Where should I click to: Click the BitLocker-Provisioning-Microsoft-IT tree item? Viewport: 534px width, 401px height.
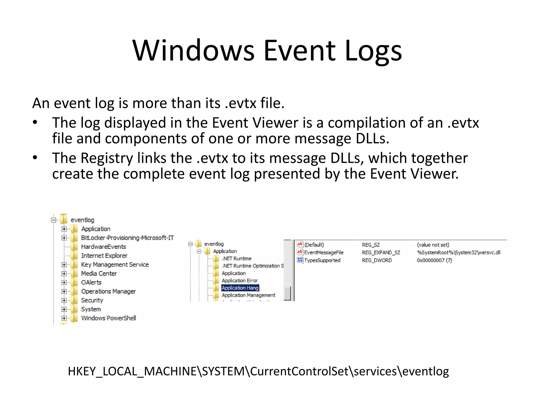(127, 238)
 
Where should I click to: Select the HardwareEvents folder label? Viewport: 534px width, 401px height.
(103, 247)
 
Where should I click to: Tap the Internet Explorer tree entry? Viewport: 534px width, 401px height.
(104, 256)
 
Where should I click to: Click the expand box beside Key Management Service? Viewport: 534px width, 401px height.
(64, 265)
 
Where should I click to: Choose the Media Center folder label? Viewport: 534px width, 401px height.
(99, 274)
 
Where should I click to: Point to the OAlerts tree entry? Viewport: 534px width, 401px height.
(91, 282)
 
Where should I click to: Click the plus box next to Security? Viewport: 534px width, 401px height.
(64, 300)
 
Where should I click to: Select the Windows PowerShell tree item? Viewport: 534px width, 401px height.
(108, 318)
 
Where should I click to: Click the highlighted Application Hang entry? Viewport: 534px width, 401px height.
(240, 288)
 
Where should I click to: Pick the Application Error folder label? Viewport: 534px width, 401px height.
(240, 281)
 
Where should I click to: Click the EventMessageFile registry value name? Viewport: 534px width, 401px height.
(324, 253)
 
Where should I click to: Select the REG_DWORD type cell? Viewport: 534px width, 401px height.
(377, 261)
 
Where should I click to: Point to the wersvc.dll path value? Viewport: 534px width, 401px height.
(458, 253)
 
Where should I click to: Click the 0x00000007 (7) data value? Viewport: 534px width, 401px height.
(434, 261)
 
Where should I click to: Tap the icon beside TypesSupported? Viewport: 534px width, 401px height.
(300, 260)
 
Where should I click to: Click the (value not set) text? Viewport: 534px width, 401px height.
(433, 245)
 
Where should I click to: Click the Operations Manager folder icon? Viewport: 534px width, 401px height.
(75, 291)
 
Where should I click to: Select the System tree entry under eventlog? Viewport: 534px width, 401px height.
(91, 309)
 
